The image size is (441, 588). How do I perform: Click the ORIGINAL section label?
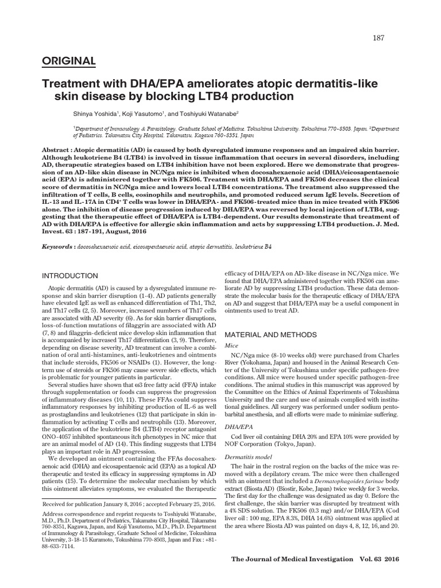pyautogui.click(x=69, y=60)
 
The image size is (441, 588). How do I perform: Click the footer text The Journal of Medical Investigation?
pyautogui.click(x=292, y=559)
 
